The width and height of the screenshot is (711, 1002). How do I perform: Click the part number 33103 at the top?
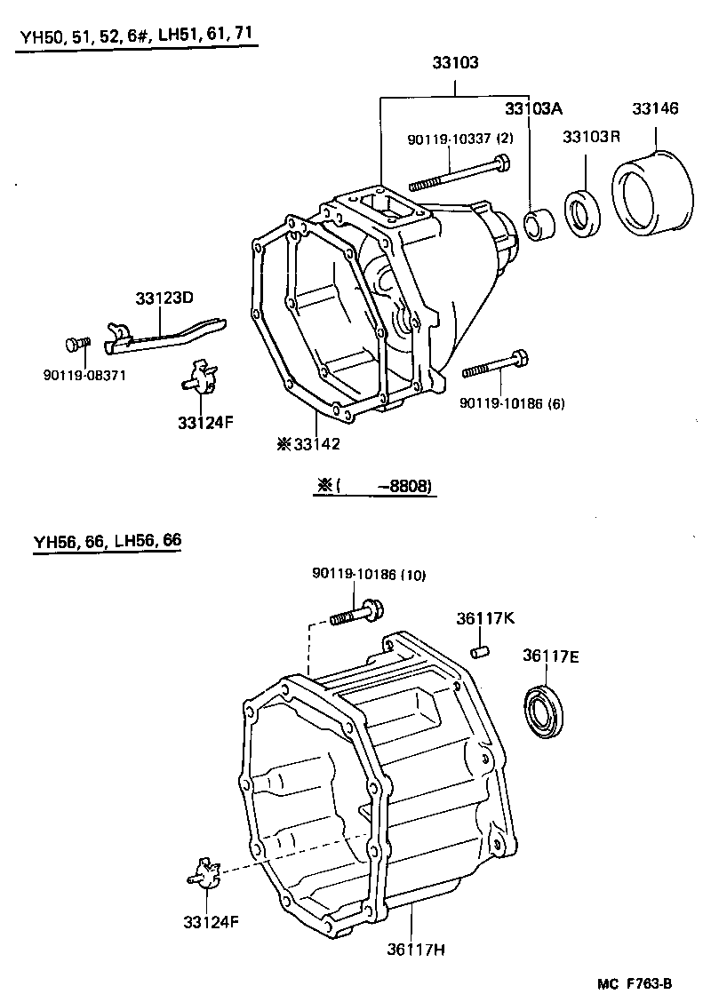[x=456, y=63]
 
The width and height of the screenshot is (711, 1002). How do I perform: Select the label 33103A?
[x=533, y=108]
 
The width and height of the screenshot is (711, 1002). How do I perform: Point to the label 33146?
[x=655, y=108]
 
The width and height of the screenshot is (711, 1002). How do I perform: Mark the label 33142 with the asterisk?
[x=308, y=444]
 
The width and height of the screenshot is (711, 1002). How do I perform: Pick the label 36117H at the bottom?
[x=414, y=949]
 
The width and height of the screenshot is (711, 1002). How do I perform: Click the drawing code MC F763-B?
[x=634, y=983]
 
